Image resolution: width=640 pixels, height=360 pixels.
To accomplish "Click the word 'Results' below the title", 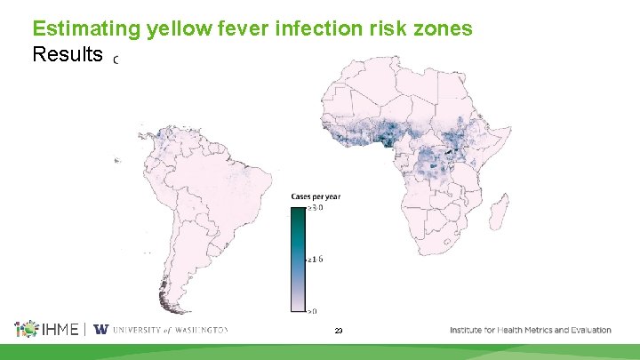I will pos(67,55).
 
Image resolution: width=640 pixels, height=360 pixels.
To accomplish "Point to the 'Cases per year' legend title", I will pos(316,196).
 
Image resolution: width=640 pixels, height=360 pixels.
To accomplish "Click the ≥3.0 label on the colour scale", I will pos(315,208).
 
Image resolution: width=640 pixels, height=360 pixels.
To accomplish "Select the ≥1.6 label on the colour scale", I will pos(315,260).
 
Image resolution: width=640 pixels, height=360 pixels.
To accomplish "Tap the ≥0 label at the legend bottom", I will pos(313,311).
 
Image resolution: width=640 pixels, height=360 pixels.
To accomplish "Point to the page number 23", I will pos(339,331).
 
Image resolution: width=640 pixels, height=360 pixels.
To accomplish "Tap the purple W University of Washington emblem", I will pos(100,330).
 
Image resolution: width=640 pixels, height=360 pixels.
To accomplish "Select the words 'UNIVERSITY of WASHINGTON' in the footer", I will pos(170,330).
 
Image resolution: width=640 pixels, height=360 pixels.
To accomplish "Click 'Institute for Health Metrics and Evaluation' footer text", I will pos(530,330).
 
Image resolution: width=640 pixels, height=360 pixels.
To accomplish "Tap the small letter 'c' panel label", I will pos(116,61).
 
